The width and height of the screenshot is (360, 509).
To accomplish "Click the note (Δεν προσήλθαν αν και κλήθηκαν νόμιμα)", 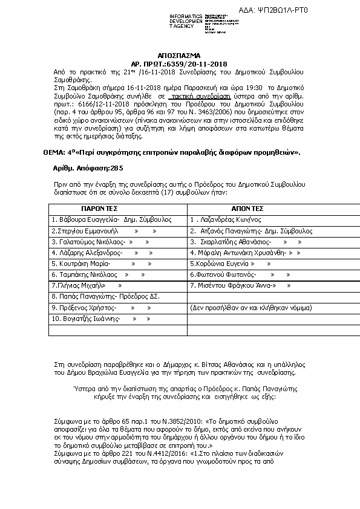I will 250,308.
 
